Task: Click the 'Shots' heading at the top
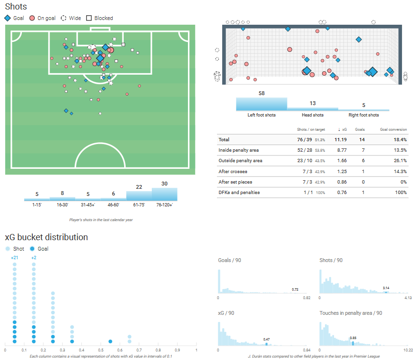(x=16, y=7)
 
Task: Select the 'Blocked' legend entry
(x=103, y=18)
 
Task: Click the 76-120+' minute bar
(x=164, y=194)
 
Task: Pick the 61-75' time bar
(x=139, y=196)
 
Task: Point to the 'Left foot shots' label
(x=261, y=115)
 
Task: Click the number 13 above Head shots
(x=313, y=103)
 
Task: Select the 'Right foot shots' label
(x=364, y=115)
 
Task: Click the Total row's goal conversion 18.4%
(x=400, y=140)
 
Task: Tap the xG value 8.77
(x=339, y=150)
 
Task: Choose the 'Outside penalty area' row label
(x=240, y=161)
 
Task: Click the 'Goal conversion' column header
(x=393, y=129)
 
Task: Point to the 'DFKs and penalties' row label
(x=239, y=192)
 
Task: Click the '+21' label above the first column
(x=14, y=258)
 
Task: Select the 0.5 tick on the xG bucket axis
(x=101, y=350)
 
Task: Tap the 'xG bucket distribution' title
(x=46, y=236)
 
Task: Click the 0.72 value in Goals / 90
(x=295, y=289)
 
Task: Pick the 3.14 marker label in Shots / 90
(x=386, y=288)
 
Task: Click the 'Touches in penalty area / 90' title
(x=351, y=313)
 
